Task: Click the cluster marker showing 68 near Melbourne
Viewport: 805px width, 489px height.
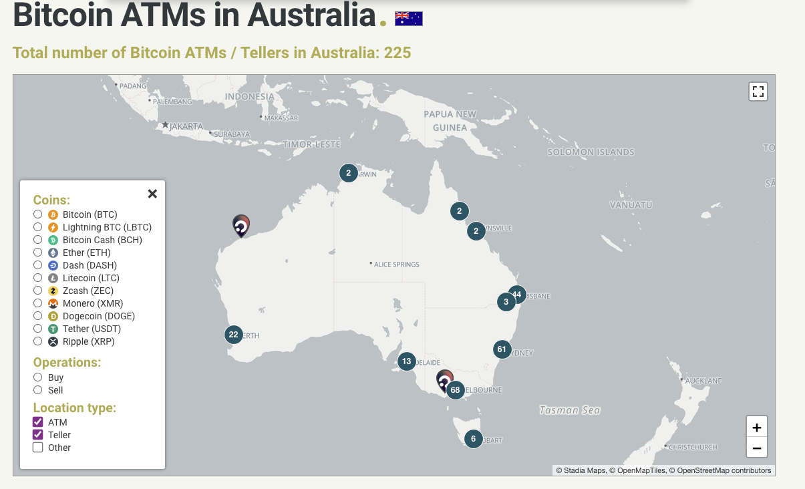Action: [x=456, y=390]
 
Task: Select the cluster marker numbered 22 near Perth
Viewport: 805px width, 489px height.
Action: [x=233, y=335]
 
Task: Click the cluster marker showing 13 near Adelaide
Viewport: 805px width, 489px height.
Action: [x=407, y=361]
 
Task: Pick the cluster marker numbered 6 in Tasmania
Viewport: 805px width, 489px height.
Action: [x=473, y=439]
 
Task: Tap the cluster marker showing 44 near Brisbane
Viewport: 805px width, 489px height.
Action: [x=517, y=294]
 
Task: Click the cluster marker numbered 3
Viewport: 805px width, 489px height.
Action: [x=506, y=302]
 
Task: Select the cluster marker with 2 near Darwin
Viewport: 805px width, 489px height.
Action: [x=348, y=173]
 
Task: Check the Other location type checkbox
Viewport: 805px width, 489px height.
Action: [x=38, y=448]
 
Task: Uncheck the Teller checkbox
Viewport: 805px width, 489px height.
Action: [x=38, y=435]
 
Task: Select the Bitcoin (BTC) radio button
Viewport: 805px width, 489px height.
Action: [x=38, y=214]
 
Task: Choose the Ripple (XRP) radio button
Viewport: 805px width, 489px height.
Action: [x=38, y=341]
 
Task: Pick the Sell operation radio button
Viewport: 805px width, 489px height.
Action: [x=38, y=390]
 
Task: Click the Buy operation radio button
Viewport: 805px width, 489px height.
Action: [x=38, y=377]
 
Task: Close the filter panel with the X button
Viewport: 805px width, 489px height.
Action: [x=152, y=194]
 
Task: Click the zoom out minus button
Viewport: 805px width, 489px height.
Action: [x=757, y=448]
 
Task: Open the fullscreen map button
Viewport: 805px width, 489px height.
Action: [x=758, y=92]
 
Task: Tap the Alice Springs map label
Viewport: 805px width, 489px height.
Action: [x=396, y=265]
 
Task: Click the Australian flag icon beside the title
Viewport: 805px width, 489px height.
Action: [x=409, y=19]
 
